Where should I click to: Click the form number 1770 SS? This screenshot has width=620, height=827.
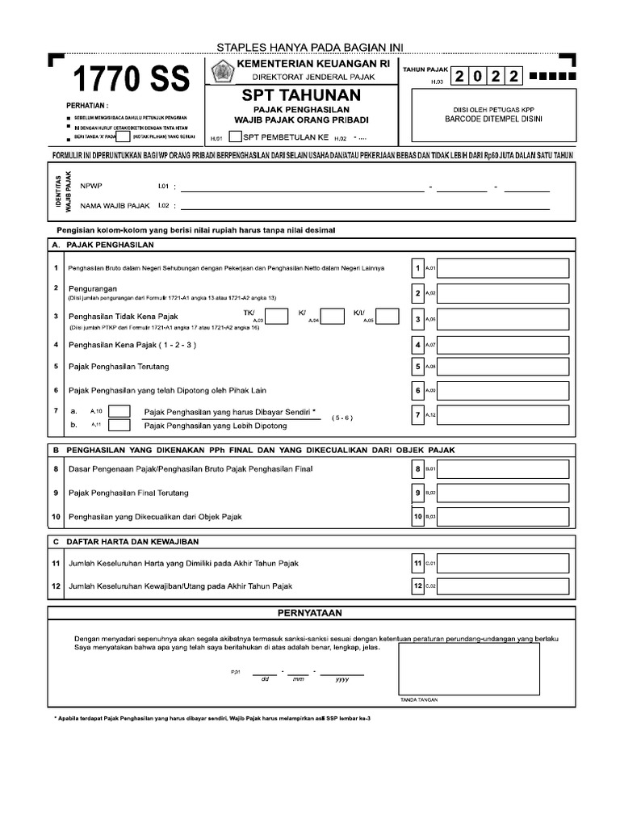pyautogui.click(x=132, y=80)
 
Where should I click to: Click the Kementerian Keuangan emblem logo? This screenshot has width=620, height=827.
pyautogui.click(x=220, y=72)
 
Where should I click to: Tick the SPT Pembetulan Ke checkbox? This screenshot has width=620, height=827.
pyautogui.click(x=235, y=136)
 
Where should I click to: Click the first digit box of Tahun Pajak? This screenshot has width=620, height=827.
pyautogui.click(x=459, y=77)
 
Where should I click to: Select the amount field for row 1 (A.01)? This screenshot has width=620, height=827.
pyautogui.click(x=503, y=268)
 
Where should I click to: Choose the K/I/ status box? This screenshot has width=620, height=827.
pyautogui.click(x=387, y=316)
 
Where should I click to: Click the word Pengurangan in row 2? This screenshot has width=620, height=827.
pyautogui.click(x=94, y=288)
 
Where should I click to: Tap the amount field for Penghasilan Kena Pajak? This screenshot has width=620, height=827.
pyautogui.click(x=503, y=345)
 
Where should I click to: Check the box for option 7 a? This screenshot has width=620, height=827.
pyautogui.click(x=119, y=412)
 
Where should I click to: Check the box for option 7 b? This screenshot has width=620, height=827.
pyautogui.click(x=119, y=425)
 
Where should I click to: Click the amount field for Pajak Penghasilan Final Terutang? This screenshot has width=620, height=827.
pyautogui.click(x=503, y=492)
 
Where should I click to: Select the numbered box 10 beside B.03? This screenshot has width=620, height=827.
pyautogui.click(x=417, y=515)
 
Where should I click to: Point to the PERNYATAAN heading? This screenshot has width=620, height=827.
pyautogui.click(x=311, y=614)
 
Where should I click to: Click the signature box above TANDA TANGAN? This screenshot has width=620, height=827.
pyautogui.click(x=467, y=667)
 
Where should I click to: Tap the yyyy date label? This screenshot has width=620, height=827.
pyautogui.click(x=341, y=679)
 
